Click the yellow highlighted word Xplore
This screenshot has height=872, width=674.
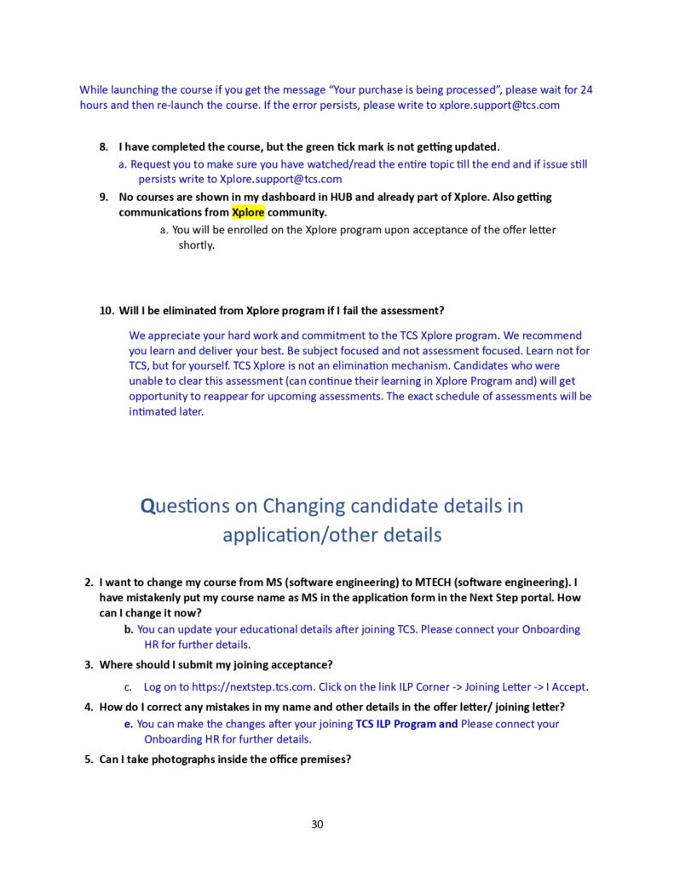248,212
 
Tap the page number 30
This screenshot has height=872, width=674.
317,823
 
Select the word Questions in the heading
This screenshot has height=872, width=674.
186,506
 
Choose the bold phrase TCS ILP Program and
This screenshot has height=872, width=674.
406,724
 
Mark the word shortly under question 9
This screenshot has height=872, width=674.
196,245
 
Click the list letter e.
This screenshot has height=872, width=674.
129,724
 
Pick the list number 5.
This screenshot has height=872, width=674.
89,760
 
